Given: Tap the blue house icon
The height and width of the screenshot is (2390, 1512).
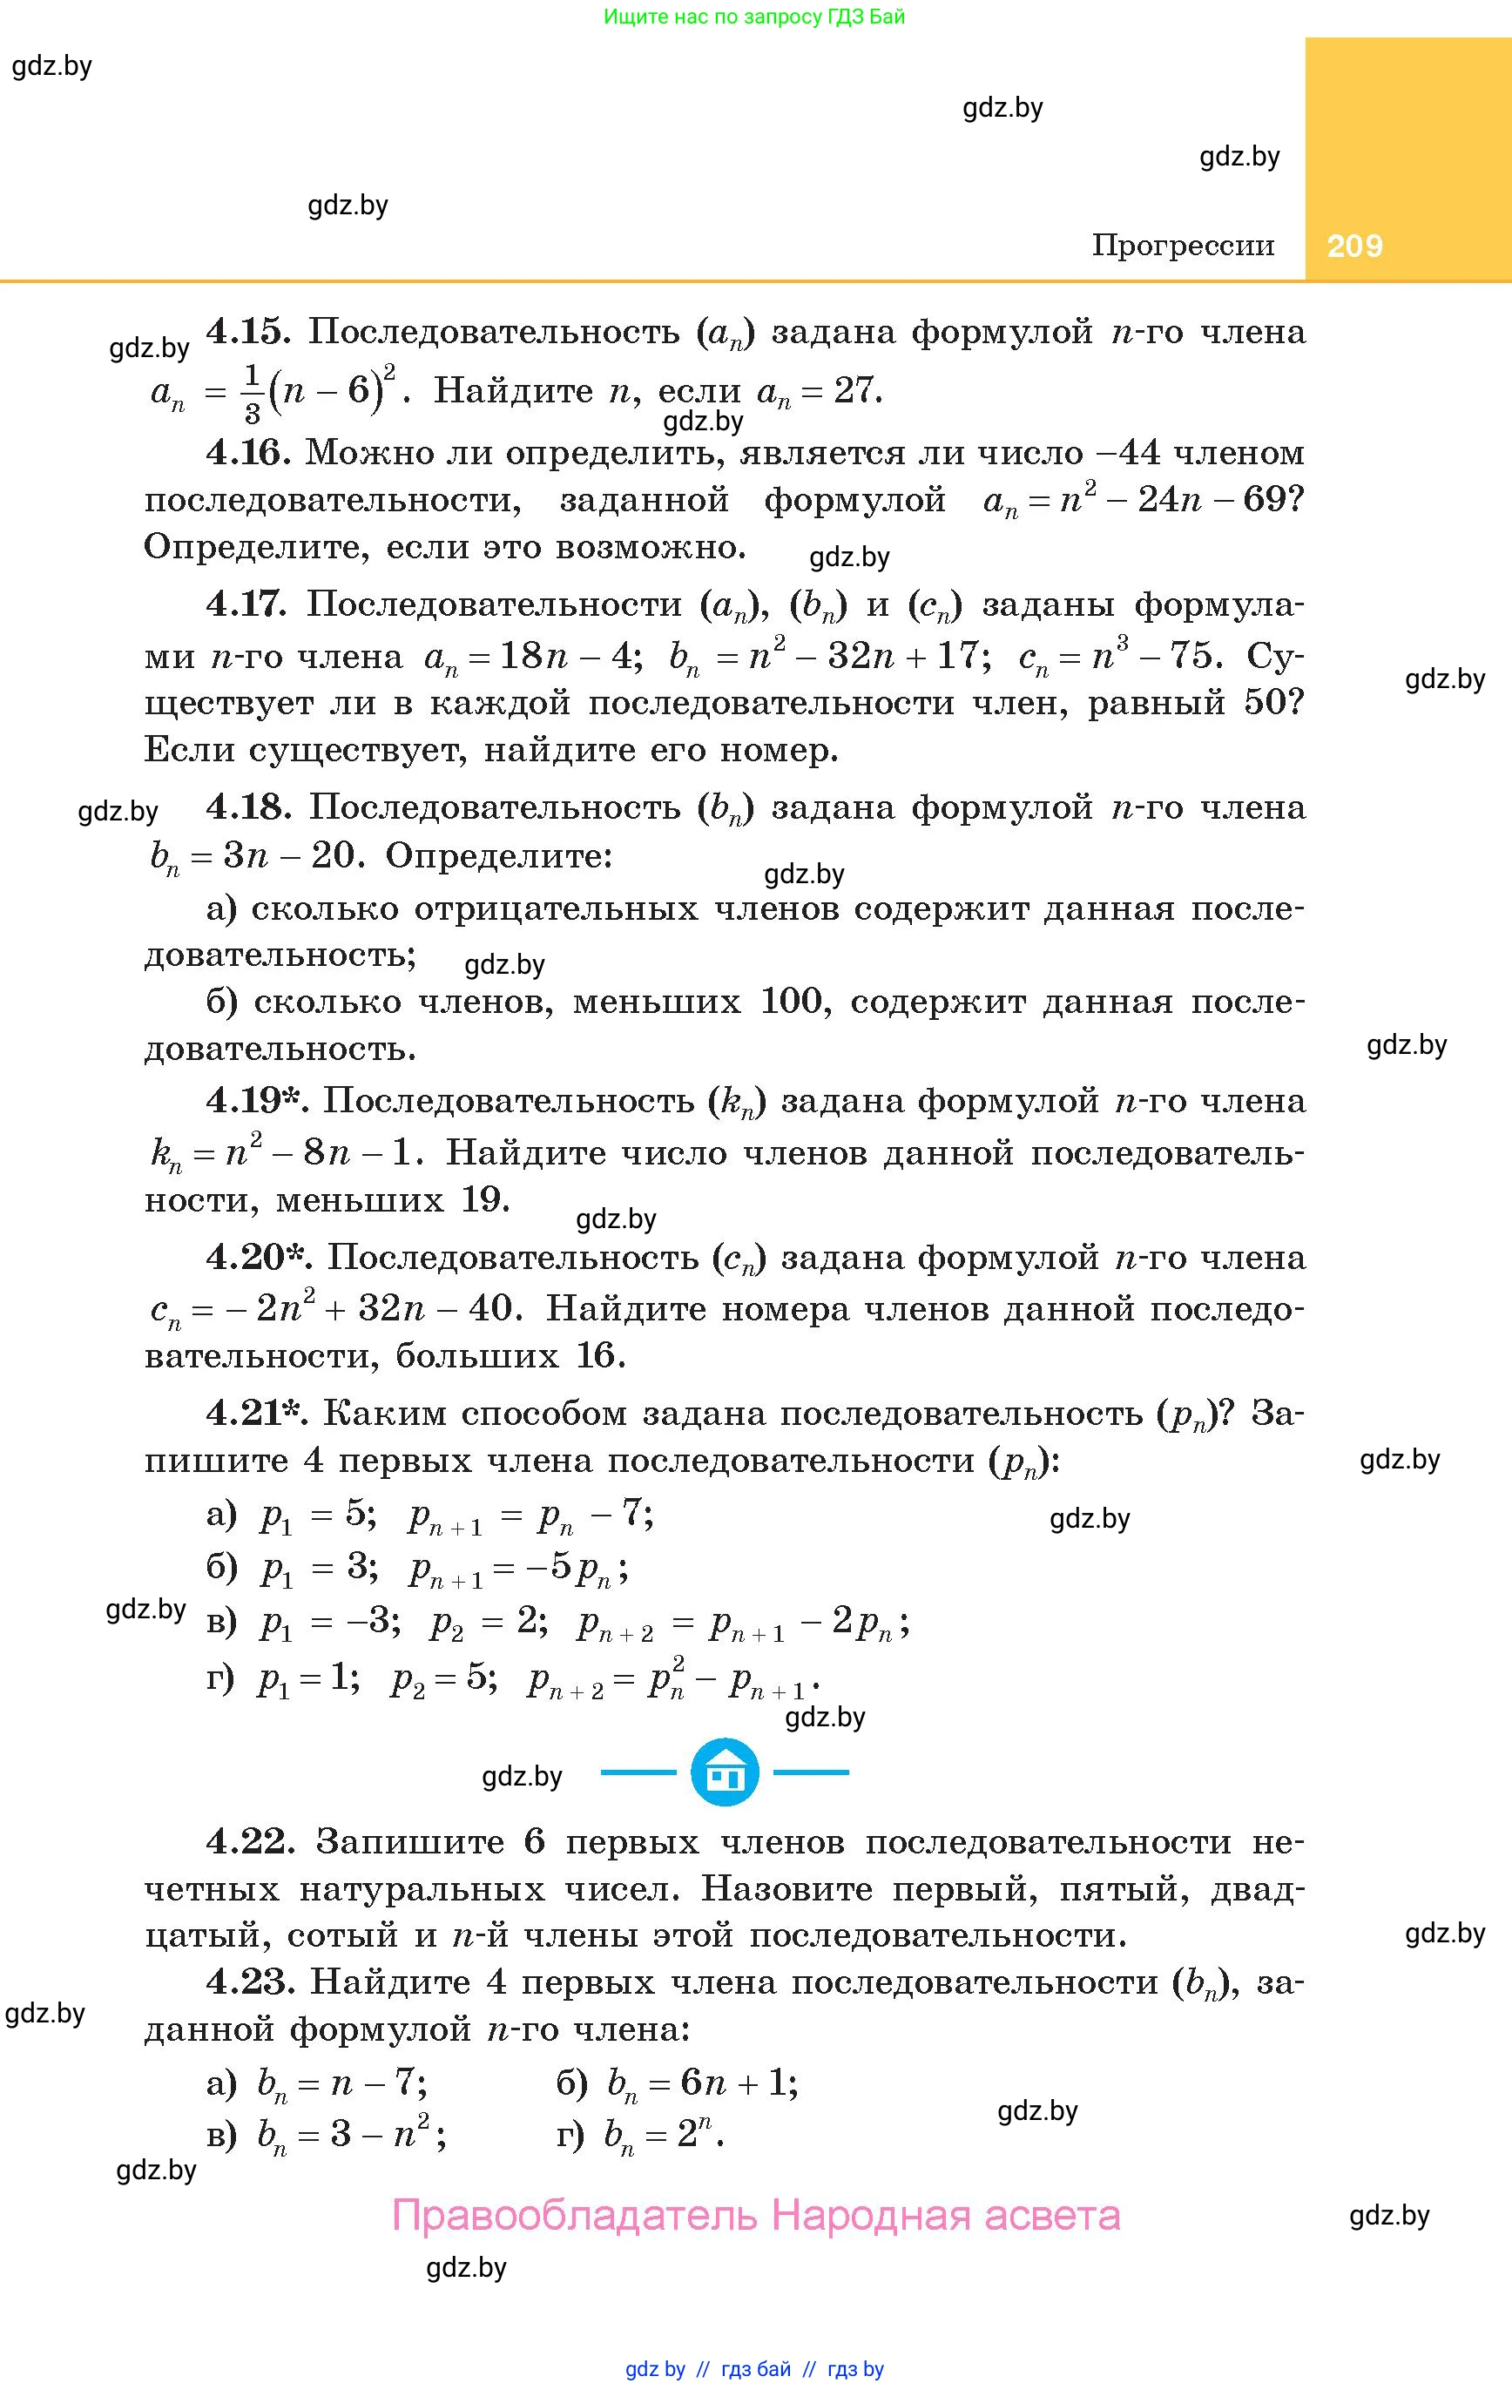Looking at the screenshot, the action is tap(725, 1772).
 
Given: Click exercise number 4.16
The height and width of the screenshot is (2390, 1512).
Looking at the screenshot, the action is tap(248, 453).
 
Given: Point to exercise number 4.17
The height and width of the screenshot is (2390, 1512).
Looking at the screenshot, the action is tap(247, 604).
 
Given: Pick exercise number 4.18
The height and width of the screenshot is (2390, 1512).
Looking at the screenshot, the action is tap(248, 807).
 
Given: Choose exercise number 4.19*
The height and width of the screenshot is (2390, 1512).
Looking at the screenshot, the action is tap(255, 1100).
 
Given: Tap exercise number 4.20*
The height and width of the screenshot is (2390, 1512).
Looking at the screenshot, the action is tap(257, 1257).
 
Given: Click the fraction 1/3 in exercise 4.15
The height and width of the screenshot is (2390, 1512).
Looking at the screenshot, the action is tap(251, 392).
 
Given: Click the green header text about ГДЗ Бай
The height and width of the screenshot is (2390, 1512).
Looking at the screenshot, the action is tap(754, 16).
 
